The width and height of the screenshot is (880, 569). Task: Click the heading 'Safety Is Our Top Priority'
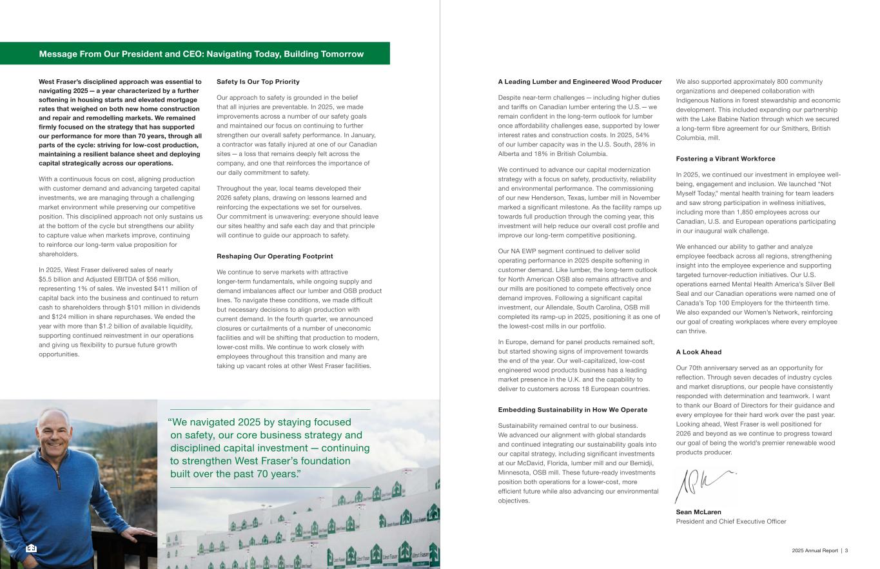[258, 82]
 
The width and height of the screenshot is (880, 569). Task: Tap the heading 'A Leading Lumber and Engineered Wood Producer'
[580, 82]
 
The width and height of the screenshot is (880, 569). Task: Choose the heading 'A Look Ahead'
[698, 352]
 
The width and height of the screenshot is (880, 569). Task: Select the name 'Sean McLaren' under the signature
[698, 512]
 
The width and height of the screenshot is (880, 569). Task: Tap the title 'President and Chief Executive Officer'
[730, 521]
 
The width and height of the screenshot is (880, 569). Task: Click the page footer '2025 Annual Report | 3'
[819, 550]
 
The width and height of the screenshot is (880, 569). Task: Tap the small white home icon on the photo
[32, 548]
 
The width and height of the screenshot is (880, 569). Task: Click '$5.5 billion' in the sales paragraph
[54, 279]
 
